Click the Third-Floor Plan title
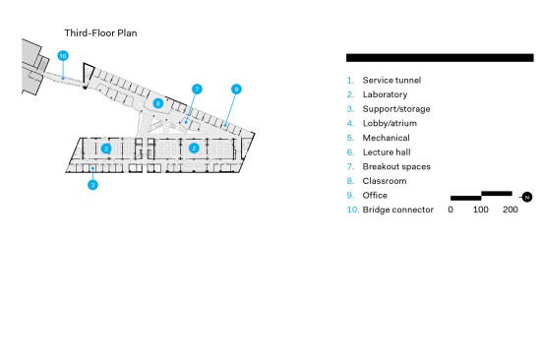point(100,33)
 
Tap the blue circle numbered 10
point(63,56)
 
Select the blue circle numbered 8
point(158,103)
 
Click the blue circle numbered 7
point(197,90)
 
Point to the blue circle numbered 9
point(236,90)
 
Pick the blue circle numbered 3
point(92,185)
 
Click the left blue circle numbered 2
point(106,149)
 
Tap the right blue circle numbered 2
point(194,149)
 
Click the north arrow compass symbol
point(526,197)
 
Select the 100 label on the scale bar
point(481,210)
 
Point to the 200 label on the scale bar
point(511,210)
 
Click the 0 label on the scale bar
point(451,210)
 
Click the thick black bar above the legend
point(440,58)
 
